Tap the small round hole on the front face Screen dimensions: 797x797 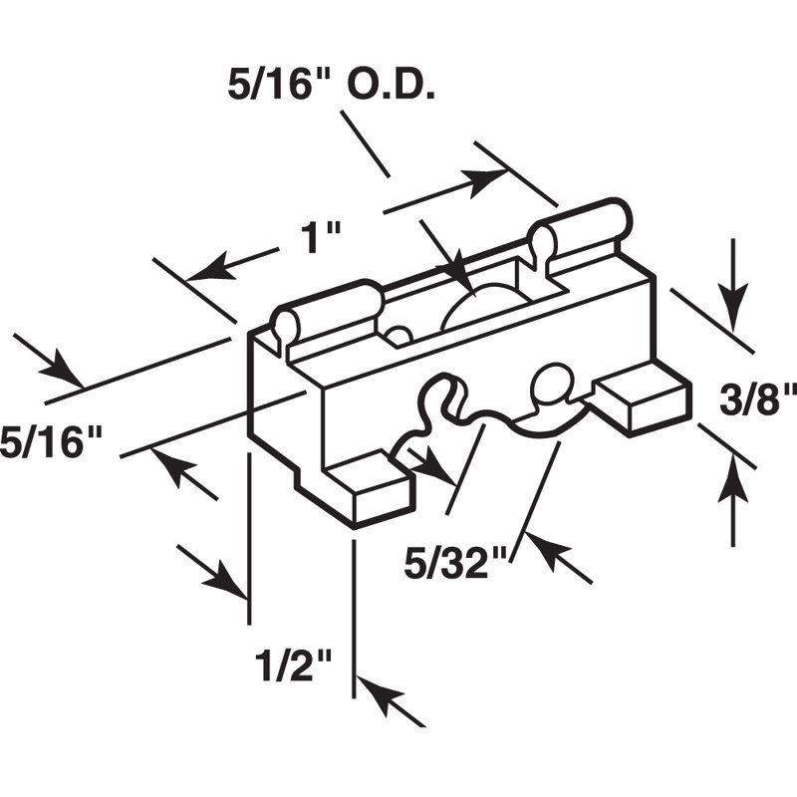pos(552,383)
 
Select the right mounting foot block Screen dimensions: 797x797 pos(643,398)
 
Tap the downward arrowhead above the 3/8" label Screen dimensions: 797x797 pos(732,309)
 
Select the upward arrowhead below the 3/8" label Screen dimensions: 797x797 pos(732,478)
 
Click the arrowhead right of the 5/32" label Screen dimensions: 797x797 pos(546,551)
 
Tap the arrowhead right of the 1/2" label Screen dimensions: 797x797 pos(381,693)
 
